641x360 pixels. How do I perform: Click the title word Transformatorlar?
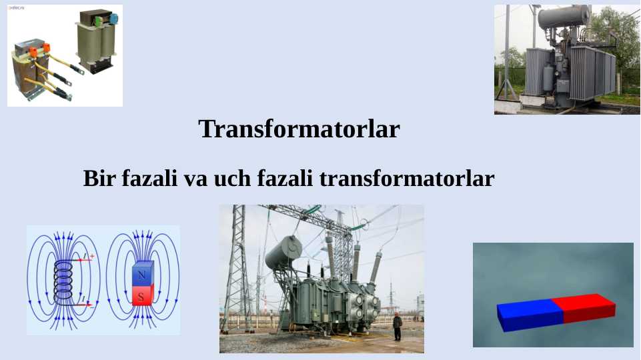tap(299, 129)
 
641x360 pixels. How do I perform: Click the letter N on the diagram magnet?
tap(141, 275)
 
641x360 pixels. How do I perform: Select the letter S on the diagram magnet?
tap(141, 296)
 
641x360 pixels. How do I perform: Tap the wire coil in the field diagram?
tap(63, 280)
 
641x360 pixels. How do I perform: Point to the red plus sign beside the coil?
tap(91, 256)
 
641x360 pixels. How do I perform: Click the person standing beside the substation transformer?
tap(398, 327)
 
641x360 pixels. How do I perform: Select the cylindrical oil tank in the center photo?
tap(283, 252)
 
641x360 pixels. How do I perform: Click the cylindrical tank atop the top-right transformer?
tap(564, 16)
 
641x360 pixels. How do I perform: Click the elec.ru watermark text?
tap(16, 8)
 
